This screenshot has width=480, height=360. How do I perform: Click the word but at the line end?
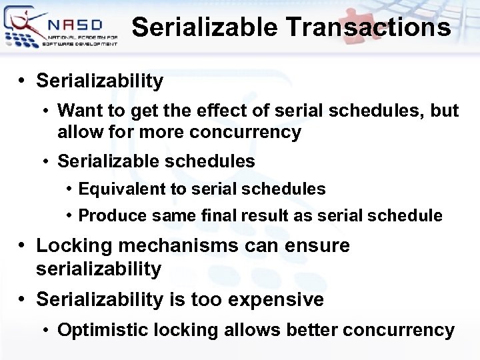pos(444,110)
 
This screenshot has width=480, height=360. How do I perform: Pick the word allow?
pos(79,132)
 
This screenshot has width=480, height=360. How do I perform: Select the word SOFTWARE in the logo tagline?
pos(57,43)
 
